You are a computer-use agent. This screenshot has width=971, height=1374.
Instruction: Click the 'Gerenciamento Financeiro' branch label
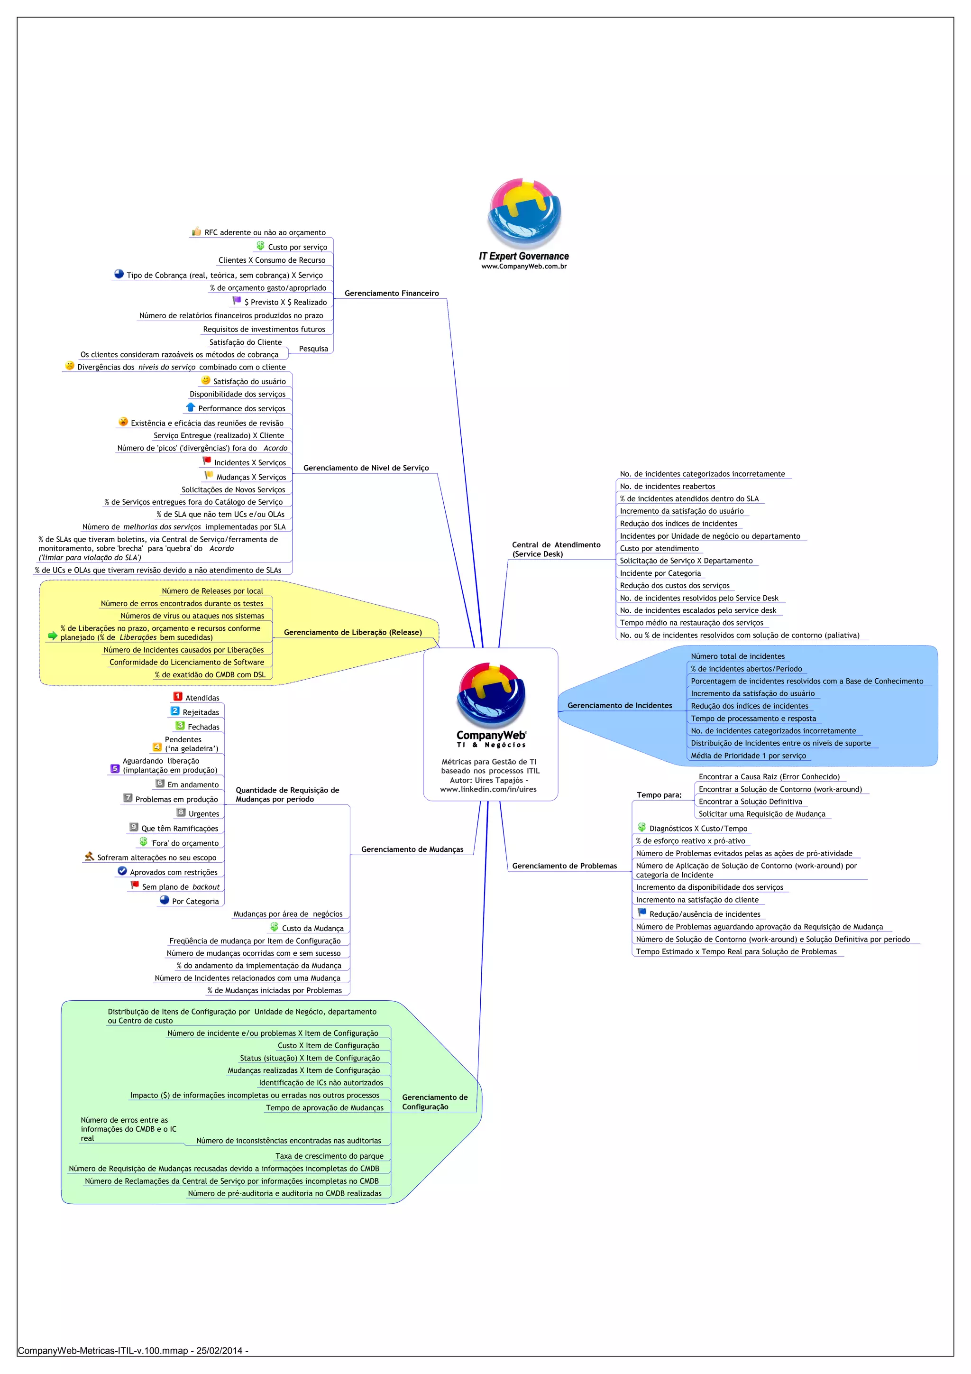[x=391, y=293]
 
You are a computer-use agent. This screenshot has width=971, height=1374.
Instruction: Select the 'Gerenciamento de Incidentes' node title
[x=619, y=706]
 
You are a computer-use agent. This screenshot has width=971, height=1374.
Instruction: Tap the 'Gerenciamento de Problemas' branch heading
[x=564, y=866]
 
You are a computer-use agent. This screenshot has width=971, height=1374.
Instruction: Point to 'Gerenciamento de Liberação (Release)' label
[x=352, y=633]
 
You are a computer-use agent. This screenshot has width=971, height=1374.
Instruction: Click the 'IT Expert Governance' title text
[x=523, y=256]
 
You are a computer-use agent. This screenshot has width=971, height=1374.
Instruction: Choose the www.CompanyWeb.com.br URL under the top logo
[x=524, y=266]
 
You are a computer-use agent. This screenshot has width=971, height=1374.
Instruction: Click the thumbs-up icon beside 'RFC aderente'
[x=196, y=231]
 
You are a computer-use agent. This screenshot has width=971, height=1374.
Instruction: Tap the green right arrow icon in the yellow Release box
[x=53, y=636]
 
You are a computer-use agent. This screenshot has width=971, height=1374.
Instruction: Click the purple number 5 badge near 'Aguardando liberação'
[x=115, y=769]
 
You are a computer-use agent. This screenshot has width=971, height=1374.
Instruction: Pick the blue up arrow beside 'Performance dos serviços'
[x=191, y=407]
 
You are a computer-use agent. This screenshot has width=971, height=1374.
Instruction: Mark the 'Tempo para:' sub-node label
[x=659, y=795]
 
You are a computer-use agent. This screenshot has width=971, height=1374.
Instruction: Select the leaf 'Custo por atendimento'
[x=659, y=548]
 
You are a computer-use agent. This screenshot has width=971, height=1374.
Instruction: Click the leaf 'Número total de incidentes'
[x=737, y=656]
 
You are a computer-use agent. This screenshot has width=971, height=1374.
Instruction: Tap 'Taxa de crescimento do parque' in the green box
[x=329, y=1156]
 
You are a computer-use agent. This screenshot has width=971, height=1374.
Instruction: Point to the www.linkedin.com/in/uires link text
[x=488, y=789]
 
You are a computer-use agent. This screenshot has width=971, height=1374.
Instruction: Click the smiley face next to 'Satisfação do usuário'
[x=206, y=380]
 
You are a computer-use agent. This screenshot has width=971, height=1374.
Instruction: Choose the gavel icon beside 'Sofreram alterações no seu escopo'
[x=89, y=857]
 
